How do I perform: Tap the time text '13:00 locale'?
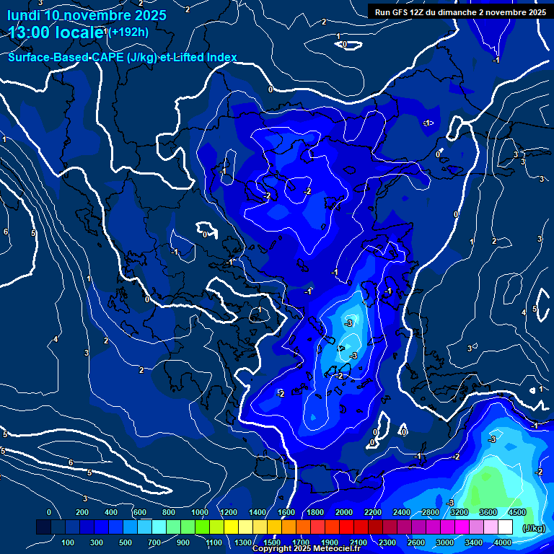[x=56, y=32]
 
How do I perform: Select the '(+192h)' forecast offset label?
[x=129, y=32]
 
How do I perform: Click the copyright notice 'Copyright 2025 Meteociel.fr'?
[x=305, y=549]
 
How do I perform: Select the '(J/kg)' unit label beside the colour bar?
[x=534, y=529]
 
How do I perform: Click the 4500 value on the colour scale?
[x=517, y=512]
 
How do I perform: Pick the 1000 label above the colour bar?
[x=200, y=512]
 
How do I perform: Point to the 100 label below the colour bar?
[x=69, y=542]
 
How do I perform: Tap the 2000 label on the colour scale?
[x=344, y=512]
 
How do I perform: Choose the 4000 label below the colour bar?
[x=503, y=542]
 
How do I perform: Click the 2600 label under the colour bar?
[x=416, y=542]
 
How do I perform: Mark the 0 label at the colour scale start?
[x=49, y=512]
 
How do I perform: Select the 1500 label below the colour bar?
[x=272, y=542]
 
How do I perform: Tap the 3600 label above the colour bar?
[x=488, y=512]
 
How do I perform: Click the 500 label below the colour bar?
[x=126, y=542]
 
